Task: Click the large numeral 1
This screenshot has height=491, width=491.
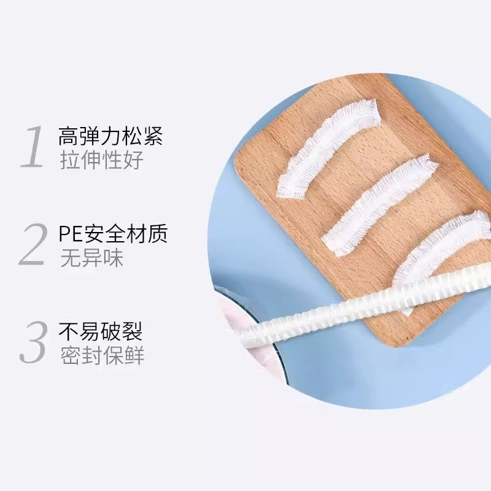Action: click(x=31, y=147)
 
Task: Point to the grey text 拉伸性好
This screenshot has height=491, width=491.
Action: click(x=101, y=160)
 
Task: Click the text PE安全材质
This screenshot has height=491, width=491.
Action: click(x=113, y=234)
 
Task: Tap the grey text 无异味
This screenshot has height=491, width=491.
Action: click(x=91, y=258)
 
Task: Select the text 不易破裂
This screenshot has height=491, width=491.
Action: click(x=101, y=332)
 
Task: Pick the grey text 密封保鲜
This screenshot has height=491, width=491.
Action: click(x=102, y=356)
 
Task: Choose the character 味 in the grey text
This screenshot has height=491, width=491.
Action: click(x=113, y=258)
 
